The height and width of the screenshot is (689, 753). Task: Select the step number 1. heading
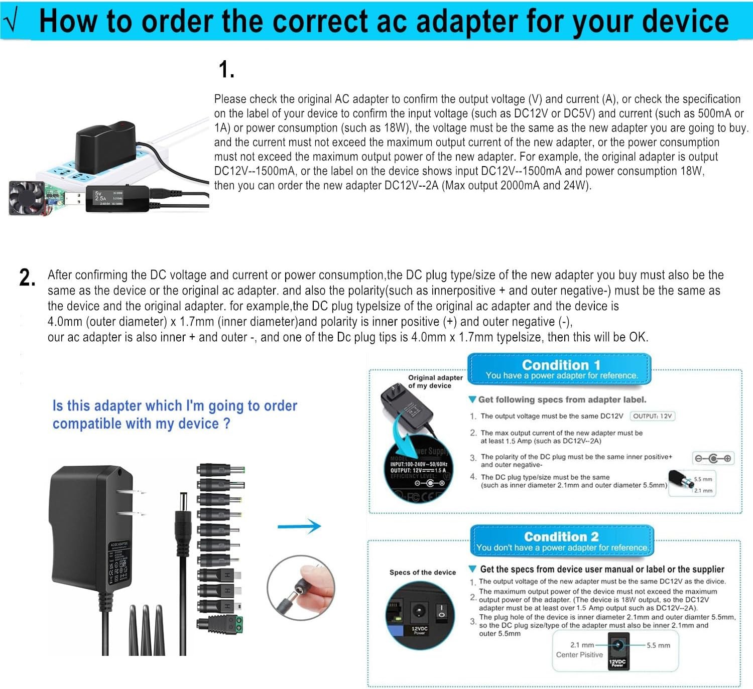click(226, 70)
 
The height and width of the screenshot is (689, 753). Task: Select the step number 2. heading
click(27, 278)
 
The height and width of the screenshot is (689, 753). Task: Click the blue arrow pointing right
click(299, 526)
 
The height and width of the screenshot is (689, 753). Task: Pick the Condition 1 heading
click(561, 365)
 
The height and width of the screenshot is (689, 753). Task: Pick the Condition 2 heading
click(561, 536)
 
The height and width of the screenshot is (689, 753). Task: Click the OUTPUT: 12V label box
click(652, 416)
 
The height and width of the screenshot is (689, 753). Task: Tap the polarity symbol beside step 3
click(713, 458)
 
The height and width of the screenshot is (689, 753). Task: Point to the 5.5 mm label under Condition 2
click(658, 645)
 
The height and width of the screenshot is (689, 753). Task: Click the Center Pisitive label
click(579, 654)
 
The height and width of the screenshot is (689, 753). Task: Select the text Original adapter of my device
click(435, 381)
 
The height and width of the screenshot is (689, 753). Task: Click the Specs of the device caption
click(423, 572)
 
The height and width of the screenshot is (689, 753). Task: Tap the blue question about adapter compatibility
click(175, 415)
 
